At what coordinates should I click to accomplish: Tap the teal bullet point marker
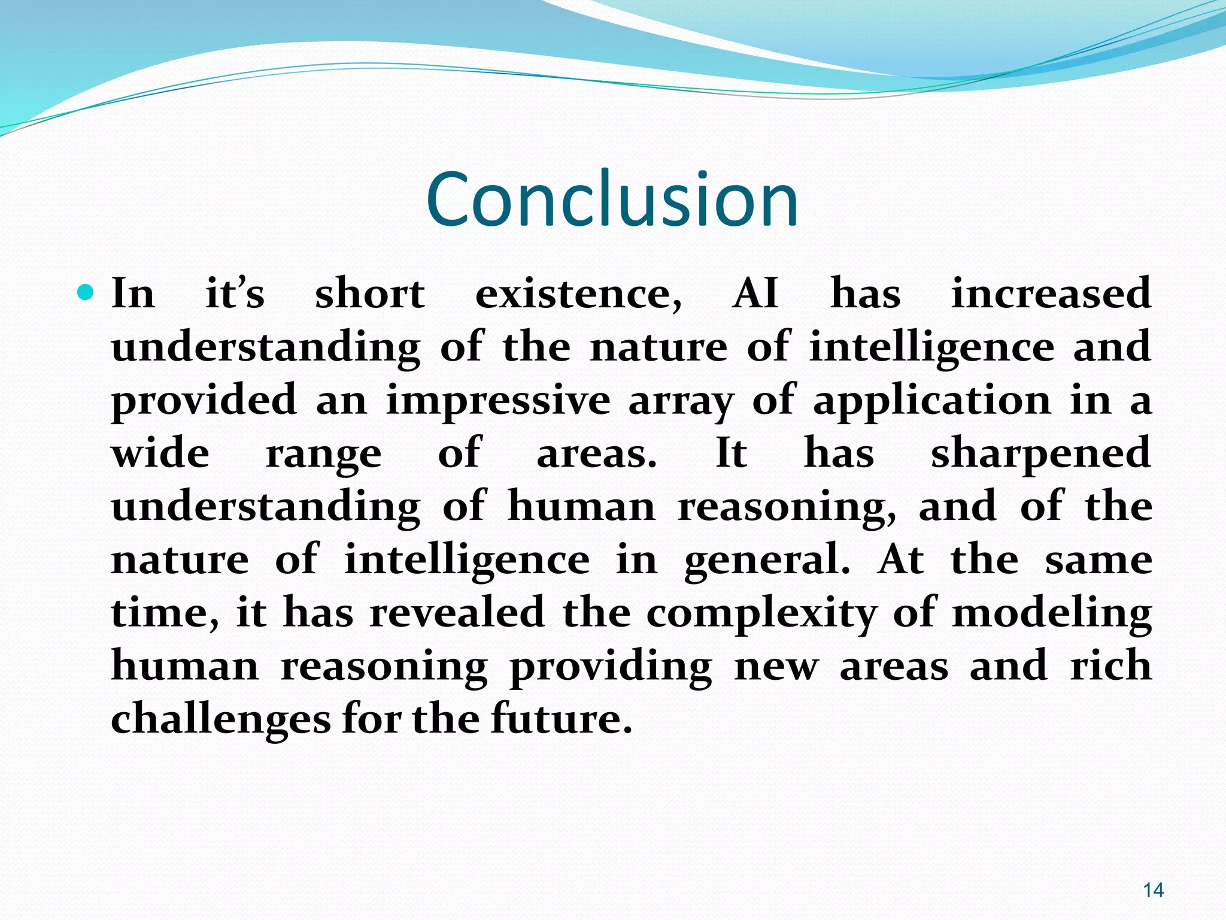86,293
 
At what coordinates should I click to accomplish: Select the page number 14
1153,891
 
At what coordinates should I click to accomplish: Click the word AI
755,294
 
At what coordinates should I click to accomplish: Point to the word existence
578,294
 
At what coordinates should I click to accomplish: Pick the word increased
1051,294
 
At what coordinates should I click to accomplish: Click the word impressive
498,400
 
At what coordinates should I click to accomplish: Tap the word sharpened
1040,454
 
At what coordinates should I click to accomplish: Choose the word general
767,561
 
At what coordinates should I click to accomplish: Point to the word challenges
220,719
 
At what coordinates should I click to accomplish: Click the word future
562,719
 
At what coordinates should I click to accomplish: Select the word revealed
457,613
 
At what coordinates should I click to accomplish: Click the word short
370,294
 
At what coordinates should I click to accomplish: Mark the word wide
160,453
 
